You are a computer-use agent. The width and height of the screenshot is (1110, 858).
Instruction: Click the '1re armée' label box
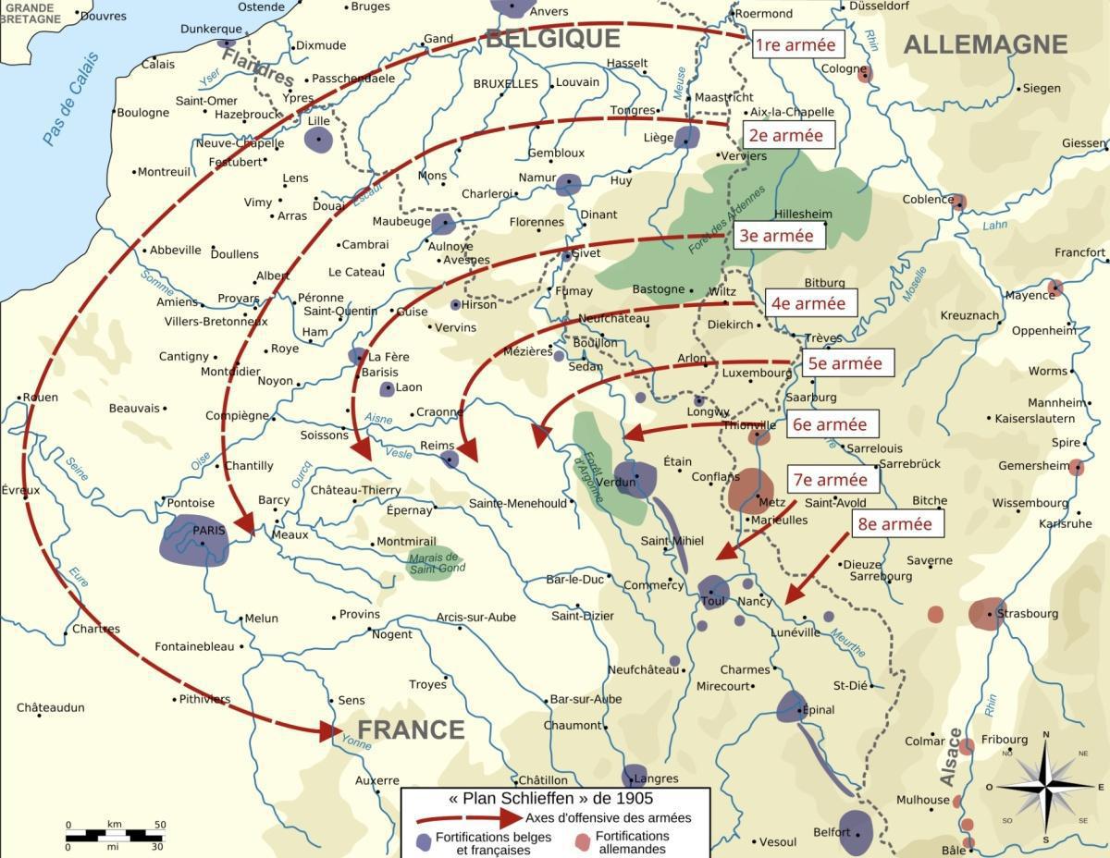click(795, 44)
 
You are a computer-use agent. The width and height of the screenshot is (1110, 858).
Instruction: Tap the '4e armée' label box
click(808, 303)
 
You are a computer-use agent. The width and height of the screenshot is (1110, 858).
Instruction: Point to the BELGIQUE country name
click(552, 39)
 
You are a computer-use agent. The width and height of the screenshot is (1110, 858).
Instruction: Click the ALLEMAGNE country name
click(985, 44)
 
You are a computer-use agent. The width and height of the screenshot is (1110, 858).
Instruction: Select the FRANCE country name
click(411, 729)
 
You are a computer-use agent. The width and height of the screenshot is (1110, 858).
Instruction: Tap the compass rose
click(1045, 786)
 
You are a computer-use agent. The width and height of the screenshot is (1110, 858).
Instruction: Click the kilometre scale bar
click(115, 835)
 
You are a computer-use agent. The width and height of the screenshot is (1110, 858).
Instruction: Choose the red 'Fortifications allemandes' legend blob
click(582, 842)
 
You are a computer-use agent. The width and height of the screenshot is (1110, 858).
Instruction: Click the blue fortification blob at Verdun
click(636, 480)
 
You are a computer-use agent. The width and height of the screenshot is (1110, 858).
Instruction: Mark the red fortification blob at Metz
click(750, 490)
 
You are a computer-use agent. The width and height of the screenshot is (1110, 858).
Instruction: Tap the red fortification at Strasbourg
click(986, 614)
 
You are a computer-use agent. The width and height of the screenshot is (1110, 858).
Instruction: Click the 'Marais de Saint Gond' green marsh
click(435, 562)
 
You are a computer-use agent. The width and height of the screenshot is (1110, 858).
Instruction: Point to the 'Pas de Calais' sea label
click(69, 99)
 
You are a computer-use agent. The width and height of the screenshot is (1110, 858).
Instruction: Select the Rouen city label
click(40, 398)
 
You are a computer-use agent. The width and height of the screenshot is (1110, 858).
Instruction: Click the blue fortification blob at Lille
click(318, 140)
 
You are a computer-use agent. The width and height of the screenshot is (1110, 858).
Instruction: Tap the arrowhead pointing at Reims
click(468, 449)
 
